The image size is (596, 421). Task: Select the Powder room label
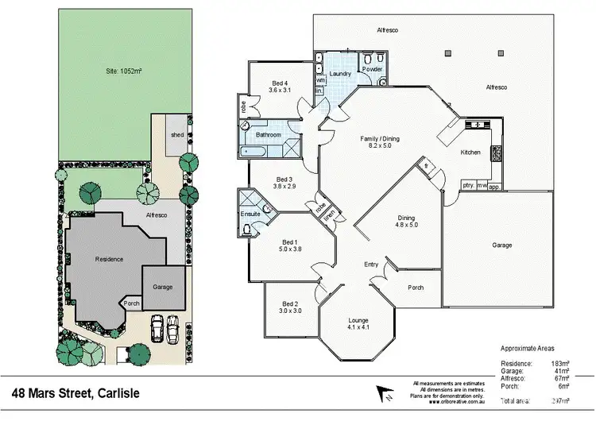pyautogui.click(x=372, y=69)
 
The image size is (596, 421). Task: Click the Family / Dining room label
pyautogui.click(x=380, y=139)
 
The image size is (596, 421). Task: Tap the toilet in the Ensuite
pyautogui.click(x=248, y=229)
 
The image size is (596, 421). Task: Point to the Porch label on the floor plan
pyautogui.click(x=415, y=288)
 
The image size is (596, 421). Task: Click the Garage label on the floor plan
pyautogui.click(x=501, y=245)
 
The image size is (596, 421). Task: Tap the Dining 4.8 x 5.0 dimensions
pyautogui.click(x=407, y=225)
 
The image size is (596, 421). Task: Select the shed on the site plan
pyautogui.click(x=176, y=134)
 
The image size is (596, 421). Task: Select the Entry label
pyautogui.click(x=371, y=264)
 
